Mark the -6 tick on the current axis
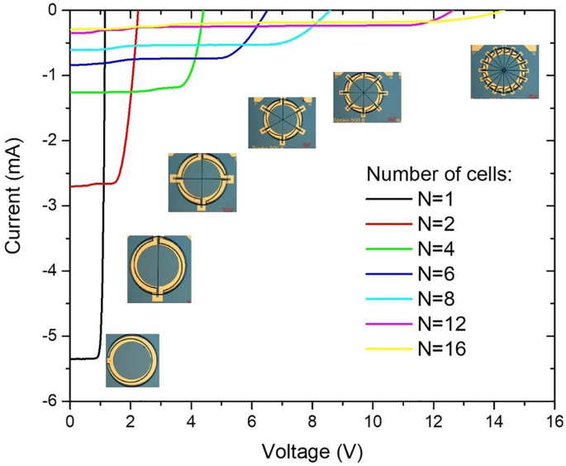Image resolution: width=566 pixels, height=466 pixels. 51,401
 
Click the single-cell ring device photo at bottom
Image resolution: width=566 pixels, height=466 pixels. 132,360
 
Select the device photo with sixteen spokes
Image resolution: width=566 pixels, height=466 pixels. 504,72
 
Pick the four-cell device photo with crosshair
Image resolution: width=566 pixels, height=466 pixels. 202,182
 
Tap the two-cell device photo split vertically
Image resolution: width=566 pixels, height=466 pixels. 159,268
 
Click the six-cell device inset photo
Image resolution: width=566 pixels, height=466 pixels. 282,122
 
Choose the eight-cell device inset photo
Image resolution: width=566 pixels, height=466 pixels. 367,97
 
